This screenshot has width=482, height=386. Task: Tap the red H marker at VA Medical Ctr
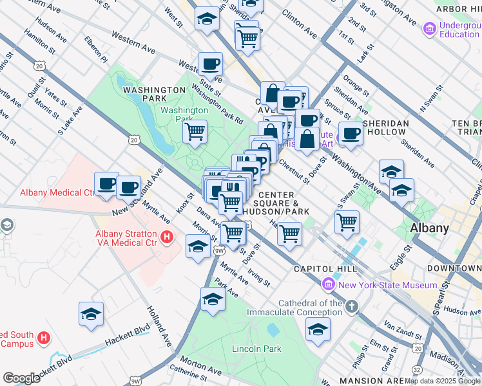click(x=166, y=237)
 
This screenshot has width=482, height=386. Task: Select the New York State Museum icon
click(x=329, y=284)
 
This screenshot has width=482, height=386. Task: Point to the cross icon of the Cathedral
click(x=351, y=307)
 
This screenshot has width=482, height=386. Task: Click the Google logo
click(x=21, y=378)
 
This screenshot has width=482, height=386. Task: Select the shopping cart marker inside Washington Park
click(x=195, y=133)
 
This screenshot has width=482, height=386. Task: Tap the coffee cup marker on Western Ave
click(x=210, y=64)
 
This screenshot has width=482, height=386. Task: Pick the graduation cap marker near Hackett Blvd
click(x=92, y=314)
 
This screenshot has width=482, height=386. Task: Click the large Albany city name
click(x=430, y=228)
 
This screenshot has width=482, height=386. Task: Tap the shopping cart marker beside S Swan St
click(x=347, y=222)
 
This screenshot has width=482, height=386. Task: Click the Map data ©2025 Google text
click(x=442, y=381)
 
